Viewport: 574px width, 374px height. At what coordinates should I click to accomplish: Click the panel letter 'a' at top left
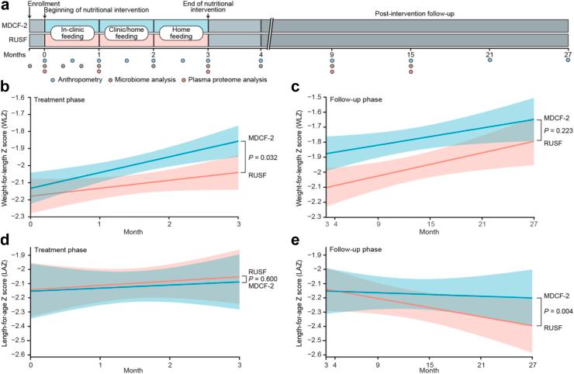(5, 6)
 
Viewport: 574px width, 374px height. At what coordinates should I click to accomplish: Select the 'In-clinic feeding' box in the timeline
(71, 33)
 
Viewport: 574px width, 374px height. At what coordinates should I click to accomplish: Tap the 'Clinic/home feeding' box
(126, 33)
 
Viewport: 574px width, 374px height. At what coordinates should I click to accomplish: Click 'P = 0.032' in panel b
(262, 156)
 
